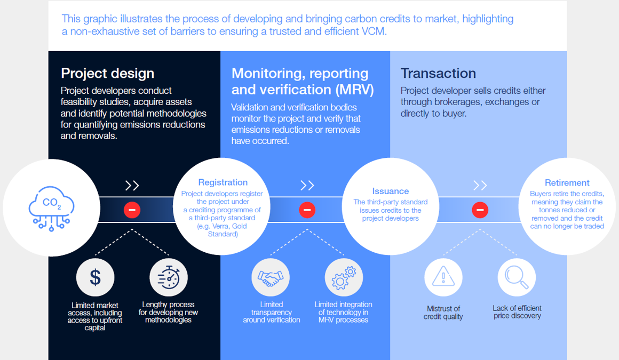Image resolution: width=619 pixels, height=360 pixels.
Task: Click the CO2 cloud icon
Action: pyautogui.click(x=51, y=207)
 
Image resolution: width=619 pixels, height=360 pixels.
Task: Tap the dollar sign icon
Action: pyautogui.click(x=95, y=277)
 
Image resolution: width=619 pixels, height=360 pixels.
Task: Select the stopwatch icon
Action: pyautogui.click(x=169, y=277)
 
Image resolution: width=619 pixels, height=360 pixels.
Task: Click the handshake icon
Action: pyautogui.click(x=271, y=277)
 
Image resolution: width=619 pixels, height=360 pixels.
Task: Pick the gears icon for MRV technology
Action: pyautogui.click(x=344, y=277)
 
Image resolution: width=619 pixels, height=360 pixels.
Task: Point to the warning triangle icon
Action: pyautogui.click(x=443, y=277)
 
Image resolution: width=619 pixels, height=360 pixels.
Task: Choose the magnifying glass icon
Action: pyautogui.click(x=517, y=277)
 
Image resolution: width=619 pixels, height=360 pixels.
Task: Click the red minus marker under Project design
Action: pyautogui.click(x=132, y=210)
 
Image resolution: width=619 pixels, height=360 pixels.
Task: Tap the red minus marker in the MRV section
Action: pyautogui.click(x=307, y=210)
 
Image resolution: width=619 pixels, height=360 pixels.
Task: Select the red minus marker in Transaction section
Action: pyautogui.click(x=480, y=210)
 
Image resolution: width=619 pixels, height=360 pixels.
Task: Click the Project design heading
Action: pyautogui.click(x=107, y=73)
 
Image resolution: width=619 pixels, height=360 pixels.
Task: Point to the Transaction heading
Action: pyautogui.click(x=438, y=73)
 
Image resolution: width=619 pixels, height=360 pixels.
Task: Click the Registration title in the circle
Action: pyautogui.click(x=223, y=182)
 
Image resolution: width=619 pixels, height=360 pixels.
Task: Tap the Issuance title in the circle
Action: pyautogui.click(x=391, y=191)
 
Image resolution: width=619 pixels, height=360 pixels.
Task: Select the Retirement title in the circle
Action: pyautogui.click(x=567, y=183)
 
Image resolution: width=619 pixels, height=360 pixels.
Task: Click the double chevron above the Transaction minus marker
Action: pyautogui.click(x=480, y=185)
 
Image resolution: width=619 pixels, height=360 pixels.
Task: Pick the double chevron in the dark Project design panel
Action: pyautogui.click(x=132, y=185)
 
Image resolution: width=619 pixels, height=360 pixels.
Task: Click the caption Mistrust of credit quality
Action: pyautogui.click(x=443, y=313)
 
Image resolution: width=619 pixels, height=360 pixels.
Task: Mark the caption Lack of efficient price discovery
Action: pyautogui.click(x=517, y=312)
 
